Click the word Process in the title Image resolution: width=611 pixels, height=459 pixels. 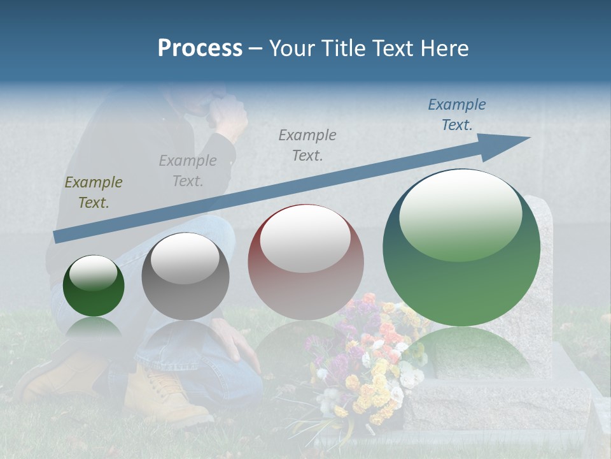(200, 48)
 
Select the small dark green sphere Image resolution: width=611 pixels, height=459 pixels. (94, 286)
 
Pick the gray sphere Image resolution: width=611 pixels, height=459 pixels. (185, 277)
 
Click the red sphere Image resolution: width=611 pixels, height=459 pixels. (305, 263)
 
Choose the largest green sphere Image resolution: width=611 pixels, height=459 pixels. (461, 249)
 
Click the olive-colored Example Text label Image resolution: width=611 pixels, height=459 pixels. (93, 193)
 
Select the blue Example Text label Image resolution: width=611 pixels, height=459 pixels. (456, 115)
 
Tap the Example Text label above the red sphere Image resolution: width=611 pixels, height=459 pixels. (307, 145)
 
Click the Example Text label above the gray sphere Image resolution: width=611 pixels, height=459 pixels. (188, 170)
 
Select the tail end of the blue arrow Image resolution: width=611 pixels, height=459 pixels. (59, 237)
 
